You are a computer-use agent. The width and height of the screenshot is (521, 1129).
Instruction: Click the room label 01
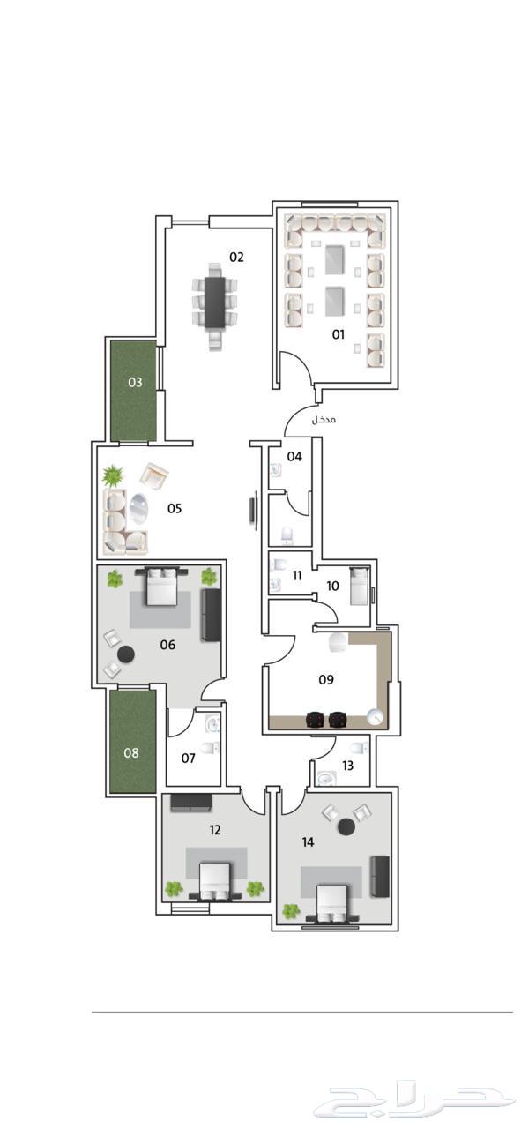pyautogui.click(x=339, y=333)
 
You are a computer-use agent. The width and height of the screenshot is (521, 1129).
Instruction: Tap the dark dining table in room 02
pyautogui.click(x=215, y=302)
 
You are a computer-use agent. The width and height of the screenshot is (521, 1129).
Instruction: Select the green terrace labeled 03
pyautogui.click(x=133, y=391)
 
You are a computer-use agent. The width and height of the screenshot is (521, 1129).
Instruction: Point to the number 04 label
pyautogui.click(x=294, y=456)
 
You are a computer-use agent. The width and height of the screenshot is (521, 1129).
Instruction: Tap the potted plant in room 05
pyautogui.click(x=113, y=475)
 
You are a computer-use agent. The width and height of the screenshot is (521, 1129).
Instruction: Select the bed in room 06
pyautogui.click(x=161, y=586)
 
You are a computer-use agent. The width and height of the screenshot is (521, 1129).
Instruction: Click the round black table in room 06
pyautogui.click(x=126, y=654)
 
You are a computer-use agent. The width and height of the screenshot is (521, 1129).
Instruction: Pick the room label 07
pyautogui.click(x=188, y=758)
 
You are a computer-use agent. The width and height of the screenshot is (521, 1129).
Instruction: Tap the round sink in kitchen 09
pyautogui.click(x=375, y=716)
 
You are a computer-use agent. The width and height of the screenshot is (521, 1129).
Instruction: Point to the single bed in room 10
pyautogui.click(x=360, y=586)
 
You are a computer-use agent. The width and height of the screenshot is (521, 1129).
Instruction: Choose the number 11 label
pyautogui.click(x=297, y=575)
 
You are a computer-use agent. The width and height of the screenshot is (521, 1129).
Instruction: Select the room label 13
pyautogui.click(x=347, y=766)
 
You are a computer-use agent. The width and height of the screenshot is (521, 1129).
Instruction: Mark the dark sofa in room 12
pyautogui.click(x=191, y=803)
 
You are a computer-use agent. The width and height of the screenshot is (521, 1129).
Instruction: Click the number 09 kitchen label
pyautogui.click(x=326, y=679)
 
